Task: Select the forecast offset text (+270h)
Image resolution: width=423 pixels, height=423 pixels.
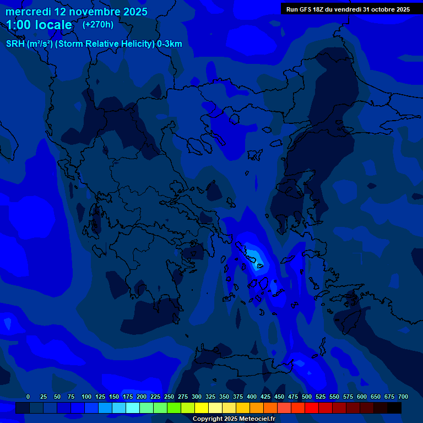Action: click(x=98, y=24)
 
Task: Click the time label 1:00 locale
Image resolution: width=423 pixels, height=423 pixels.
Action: click(x=39, y=25)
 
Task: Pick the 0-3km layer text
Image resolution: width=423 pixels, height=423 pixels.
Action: click(x=170, y=44)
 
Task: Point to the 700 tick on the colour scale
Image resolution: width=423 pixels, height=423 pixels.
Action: click(x=403, y=397)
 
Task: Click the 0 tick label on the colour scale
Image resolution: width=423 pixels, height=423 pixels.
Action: click(x=28, y=397)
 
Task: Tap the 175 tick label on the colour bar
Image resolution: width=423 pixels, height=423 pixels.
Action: click(x=128, y=397)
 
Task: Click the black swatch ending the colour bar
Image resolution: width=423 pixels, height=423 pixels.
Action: click(x=394, y=408)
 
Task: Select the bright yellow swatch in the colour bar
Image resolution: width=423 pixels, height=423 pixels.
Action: click(x=202, y=408)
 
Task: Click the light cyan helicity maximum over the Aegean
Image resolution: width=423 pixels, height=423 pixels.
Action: click(x=254, y=256)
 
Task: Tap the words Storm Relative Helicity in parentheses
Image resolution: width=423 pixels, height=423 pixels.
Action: click(x=105, y=44)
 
